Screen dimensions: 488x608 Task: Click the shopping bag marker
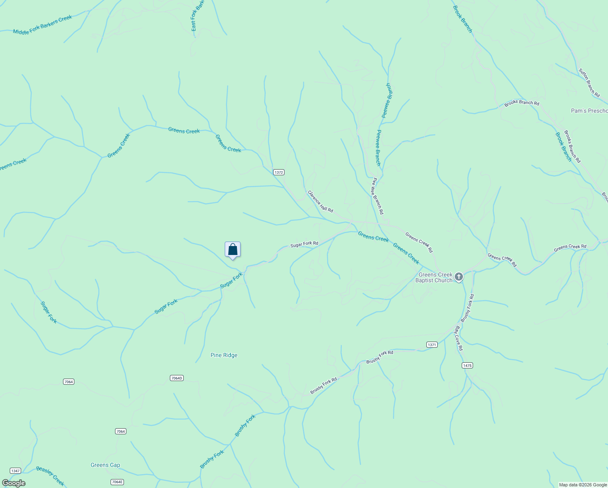click(232, 250)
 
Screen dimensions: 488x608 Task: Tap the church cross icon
click(459, 277)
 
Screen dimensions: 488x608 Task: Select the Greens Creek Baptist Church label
click(435, 277)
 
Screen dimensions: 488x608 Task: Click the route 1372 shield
click(278, 172)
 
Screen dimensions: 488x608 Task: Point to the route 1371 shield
click(432, 345)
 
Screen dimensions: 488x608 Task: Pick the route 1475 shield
click(467, 366)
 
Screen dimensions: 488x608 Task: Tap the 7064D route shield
click(176, 378)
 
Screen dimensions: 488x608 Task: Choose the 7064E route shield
click(117, 482)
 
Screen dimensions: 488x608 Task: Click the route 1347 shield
click(15, 471)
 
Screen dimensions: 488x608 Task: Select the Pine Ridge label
click(224, 355)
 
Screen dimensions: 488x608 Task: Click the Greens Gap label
click(105, 465)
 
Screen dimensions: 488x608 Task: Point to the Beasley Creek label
click(50, 476)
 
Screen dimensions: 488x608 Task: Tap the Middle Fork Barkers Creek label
click(42, 25)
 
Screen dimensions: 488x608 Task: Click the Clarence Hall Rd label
click(320, 201)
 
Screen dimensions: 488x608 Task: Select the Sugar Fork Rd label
click(304, 244)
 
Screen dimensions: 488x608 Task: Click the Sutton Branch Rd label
click(589, 83)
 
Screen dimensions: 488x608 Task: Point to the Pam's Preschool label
click(589, 111)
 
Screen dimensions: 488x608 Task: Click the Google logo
click(14, 483)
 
